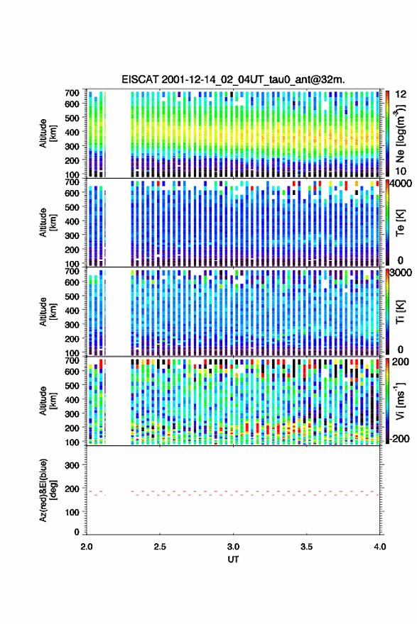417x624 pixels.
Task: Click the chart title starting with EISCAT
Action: pyautogui.click(x=233, y=79)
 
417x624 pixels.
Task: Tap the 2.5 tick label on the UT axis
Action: pyautogui.click(x=160, y=547)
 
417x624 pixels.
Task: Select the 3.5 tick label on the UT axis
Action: pyautogui.click(x=306, y=547)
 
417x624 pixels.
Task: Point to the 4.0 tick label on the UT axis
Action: pyautogui.click(x=380, y=547)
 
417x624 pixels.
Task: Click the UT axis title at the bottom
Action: pyautogui.click(x=233, y=559)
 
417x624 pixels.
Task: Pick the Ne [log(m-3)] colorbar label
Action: pyautogui.click(x=400, y=133)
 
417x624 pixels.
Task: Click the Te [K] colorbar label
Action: pyautogui.click(x=400, y=223)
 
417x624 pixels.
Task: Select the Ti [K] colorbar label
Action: pyautogui.click(x=400, y=312)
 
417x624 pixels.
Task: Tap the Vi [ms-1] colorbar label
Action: pyautogui.click(x=400, y=401)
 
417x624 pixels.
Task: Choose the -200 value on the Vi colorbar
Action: pyautogui.click(x=399, y=438)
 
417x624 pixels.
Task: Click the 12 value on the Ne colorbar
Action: pyautogui.click(x=401, y=94)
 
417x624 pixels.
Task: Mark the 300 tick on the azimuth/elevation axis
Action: pyautogui.click(x=72, y=465)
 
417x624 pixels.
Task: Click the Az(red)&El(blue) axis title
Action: pyautogui.click(x=48, y=490)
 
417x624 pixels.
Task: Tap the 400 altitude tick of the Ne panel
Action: pyautogui.click(x=72, y=132)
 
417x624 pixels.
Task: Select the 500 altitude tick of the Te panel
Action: pyautogui.click(x=72, y=207)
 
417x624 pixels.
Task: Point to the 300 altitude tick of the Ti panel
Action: pyautogui.click(x=72, y=324)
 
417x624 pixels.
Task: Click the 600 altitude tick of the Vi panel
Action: pyautogui.click(x=72, y=371)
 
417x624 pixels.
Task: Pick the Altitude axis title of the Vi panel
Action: pyautogui.click(x=48, y=401)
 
